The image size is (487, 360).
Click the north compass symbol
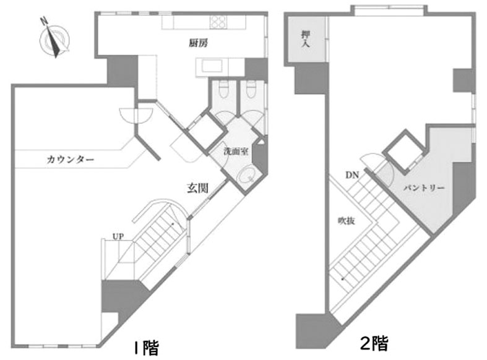(54, 39)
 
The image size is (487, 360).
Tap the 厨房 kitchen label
(198, 43)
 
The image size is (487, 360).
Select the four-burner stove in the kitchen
(218, 22)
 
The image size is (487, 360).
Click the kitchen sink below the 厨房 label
(212, 66)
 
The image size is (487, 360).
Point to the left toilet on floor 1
(223, 89)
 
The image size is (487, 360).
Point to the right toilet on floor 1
(251, 89)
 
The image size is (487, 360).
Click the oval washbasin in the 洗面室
(246, 175)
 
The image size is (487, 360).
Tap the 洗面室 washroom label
(236, 152)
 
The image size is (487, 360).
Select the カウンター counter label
(70, 160)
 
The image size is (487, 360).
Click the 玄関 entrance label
(197, 188)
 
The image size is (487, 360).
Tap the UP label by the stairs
(118, 236)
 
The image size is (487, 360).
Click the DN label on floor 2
(352, 175)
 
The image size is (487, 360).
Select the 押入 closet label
(306, 40)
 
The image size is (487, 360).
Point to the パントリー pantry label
(424, 188)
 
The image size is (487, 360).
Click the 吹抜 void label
(347, 221)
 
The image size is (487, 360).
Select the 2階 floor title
(374, 343)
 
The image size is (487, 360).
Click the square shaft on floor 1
(207, 133)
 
